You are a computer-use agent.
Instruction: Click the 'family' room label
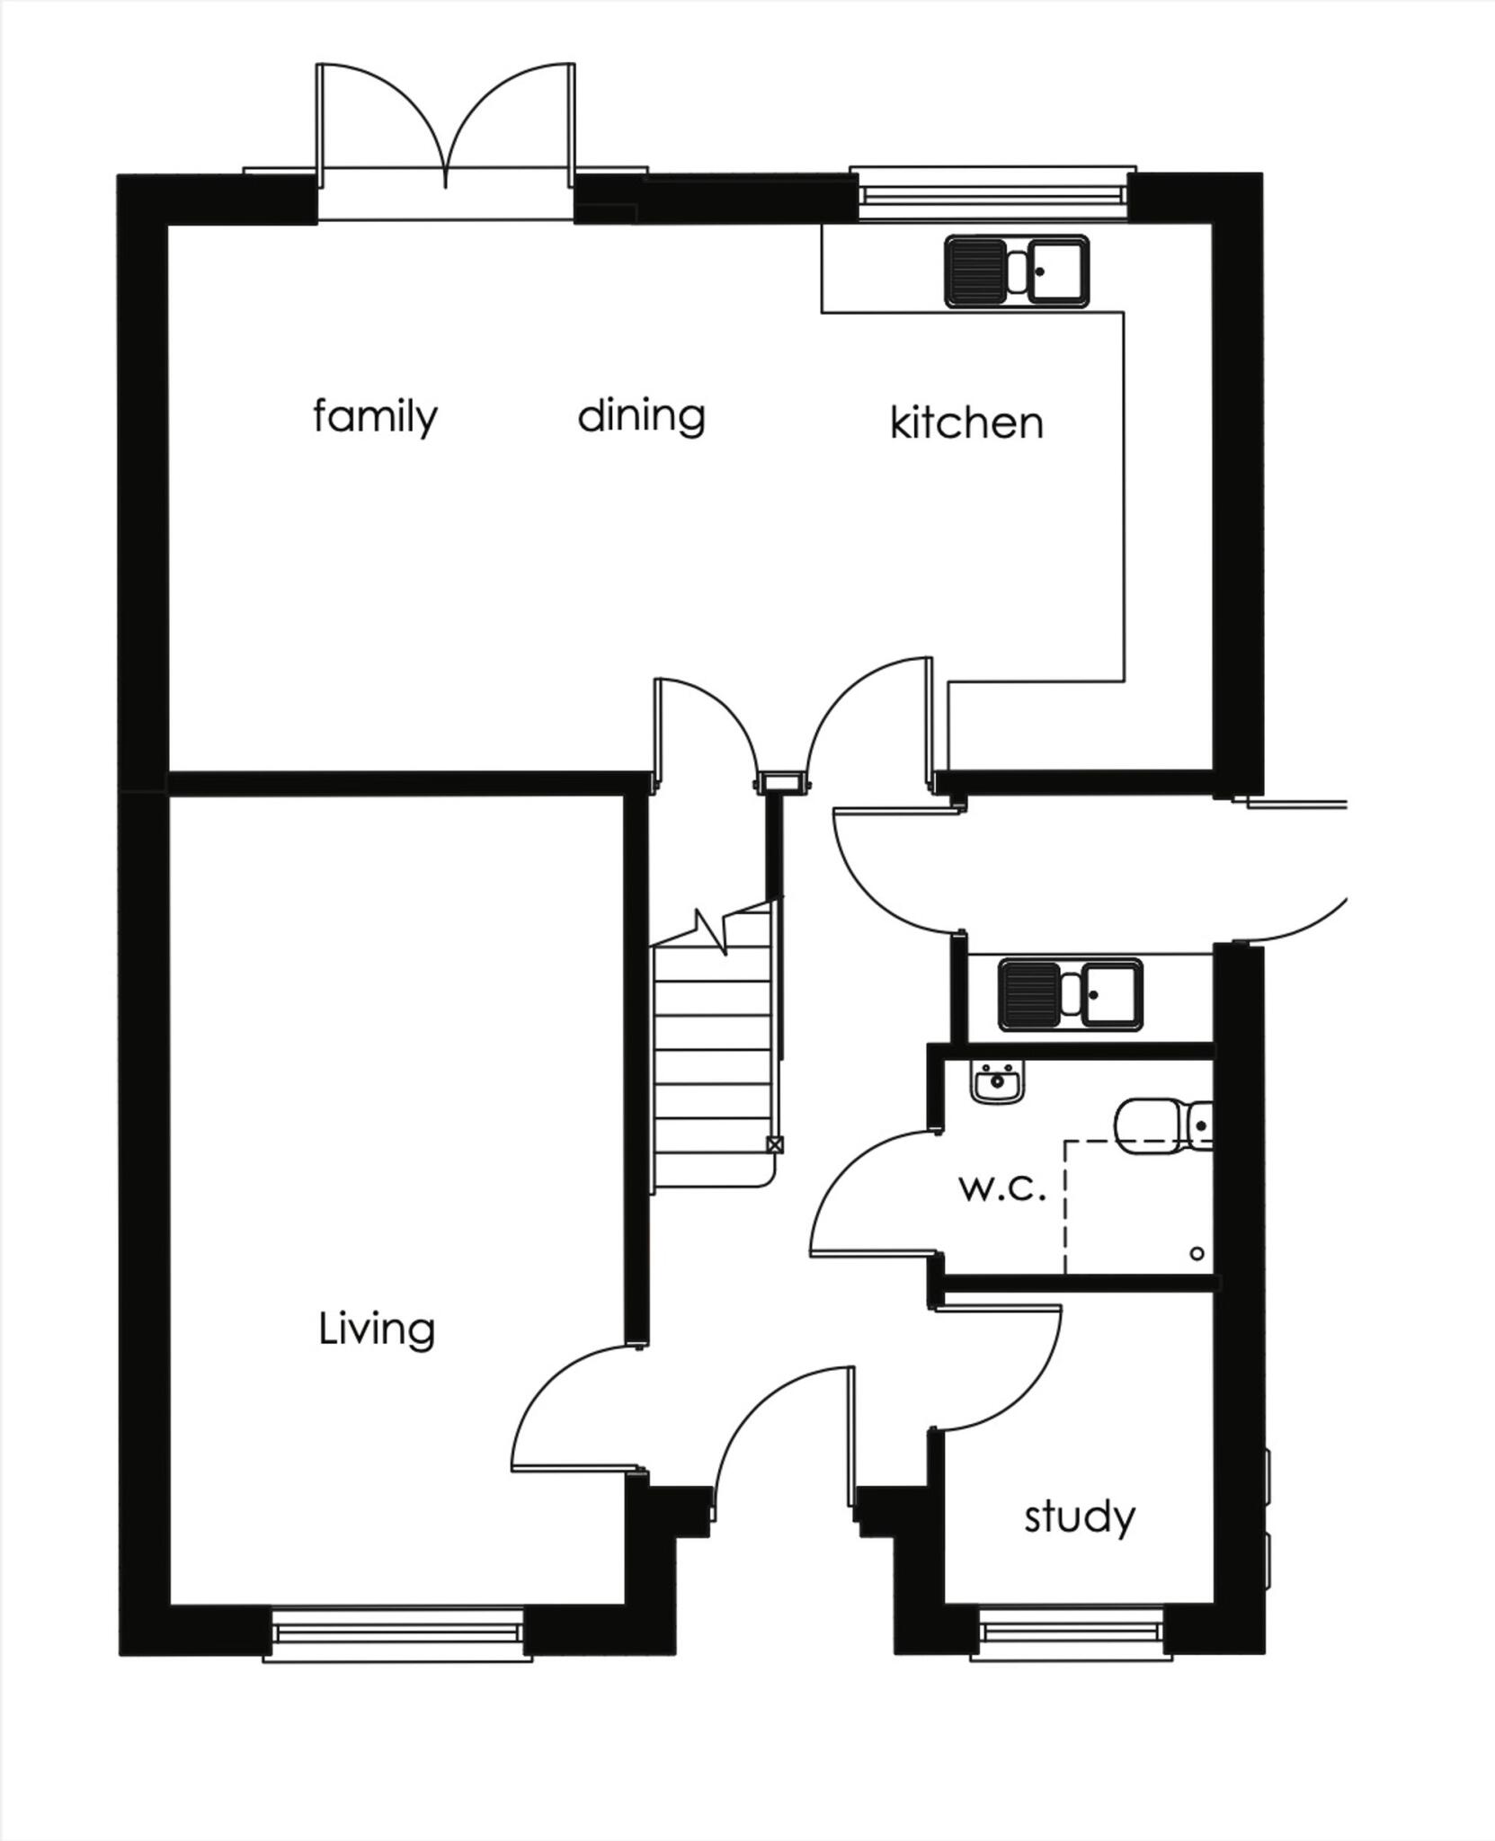point(375,418)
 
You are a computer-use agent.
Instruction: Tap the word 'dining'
point(641,416)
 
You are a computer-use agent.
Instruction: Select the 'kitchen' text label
point(966,422)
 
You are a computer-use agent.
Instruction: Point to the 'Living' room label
point(377,1329)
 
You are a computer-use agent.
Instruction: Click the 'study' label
point(1080,1516)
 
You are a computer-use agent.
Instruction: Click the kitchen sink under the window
point(1017,271)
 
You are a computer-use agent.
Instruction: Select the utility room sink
point(1070,995)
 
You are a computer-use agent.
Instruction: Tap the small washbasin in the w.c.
point(997,1081)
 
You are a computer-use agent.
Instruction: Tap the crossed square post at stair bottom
point(774,1144)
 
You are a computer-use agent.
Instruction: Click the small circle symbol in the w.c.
point(1197,1253)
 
